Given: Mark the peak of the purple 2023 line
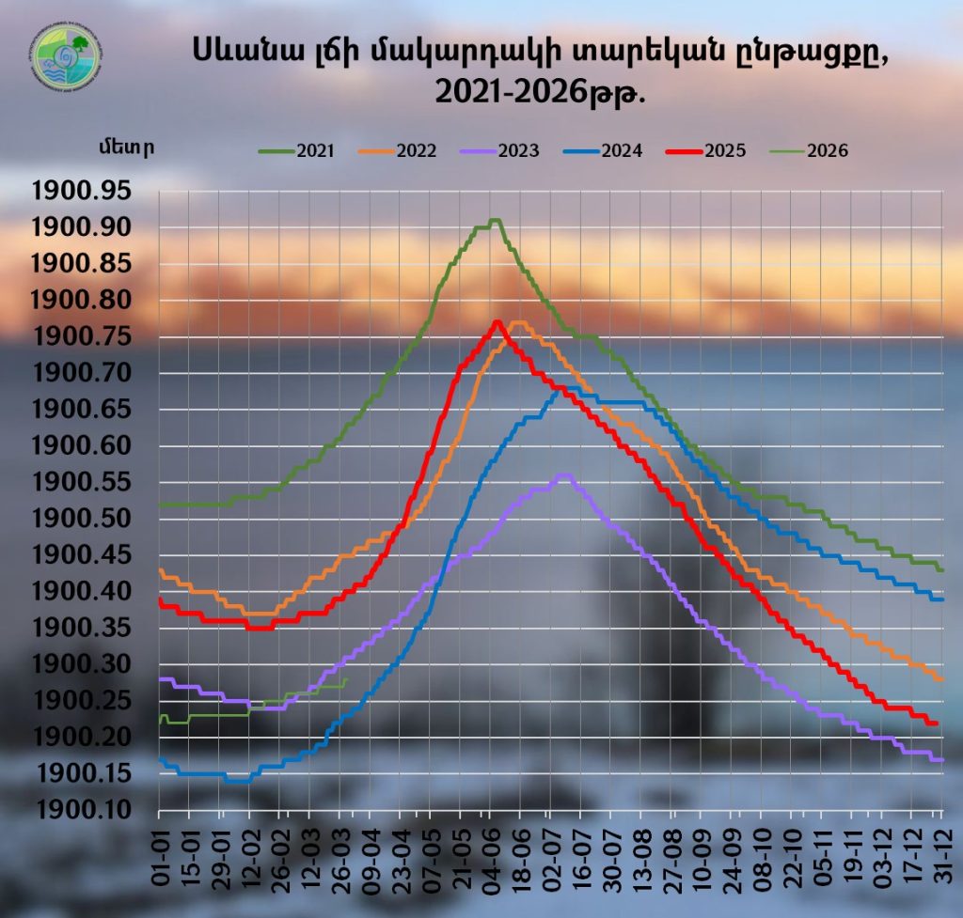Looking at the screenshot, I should tap(563, 475).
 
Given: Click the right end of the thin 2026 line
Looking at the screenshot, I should tap(346, 679).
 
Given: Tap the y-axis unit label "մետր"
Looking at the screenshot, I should tap(124, 148).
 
